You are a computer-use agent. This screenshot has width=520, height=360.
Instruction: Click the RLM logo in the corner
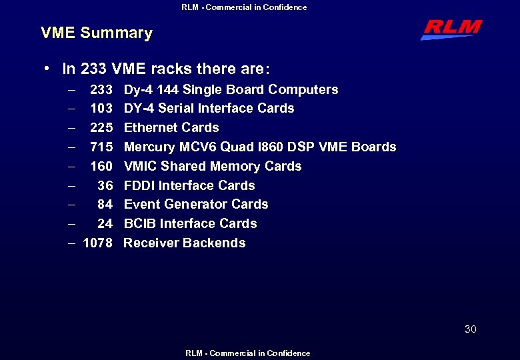(451, 29)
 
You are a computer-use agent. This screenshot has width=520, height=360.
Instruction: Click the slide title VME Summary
(97, 33)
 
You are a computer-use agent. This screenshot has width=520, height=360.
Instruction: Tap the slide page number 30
(471, 329)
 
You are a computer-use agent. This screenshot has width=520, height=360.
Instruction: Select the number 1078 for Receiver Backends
(97, 243)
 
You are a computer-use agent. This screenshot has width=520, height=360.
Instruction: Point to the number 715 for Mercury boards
(101, 147)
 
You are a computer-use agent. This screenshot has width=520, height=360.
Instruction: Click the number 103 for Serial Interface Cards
(101, 108)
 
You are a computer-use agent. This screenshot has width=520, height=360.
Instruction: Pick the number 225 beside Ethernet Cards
(101, 127)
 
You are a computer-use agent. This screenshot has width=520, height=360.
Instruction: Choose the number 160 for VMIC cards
(101, 166)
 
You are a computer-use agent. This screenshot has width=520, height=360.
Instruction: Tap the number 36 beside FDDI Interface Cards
(105, 185)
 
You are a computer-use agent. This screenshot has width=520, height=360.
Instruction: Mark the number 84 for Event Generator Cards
(105, 204)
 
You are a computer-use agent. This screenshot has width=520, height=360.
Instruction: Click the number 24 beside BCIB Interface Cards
(105, 223)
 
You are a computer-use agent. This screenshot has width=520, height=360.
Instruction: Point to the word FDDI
(139, 185)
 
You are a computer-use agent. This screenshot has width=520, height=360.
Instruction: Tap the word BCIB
(139, 223)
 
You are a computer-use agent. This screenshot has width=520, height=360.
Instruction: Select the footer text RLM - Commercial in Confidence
(248, 353)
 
